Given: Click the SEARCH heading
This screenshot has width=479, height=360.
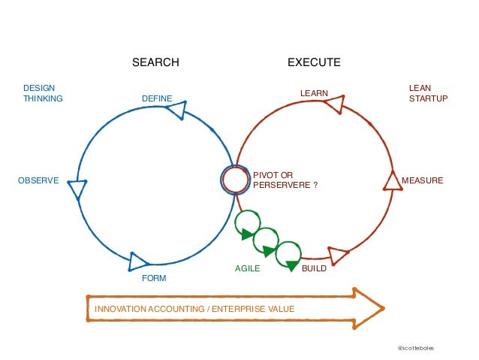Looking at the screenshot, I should [x=156, y=62].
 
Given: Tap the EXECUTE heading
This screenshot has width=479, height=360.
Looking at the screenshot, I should [x=314, y=62].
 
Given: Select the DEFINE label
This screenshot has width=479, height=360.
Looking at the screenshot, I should [x=157, y=98].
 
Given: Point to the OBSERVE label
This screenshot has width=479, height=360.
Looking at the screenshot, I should [x=38, y=180].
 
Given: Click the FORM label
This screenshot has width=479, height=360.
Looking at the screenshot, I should [x=154, y=278].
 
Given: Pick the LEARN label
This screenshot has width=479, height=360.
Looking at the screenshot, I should [x=315, y=93].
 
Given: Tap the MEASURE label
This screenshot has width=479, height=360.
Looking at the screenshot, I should [x=423, y=180].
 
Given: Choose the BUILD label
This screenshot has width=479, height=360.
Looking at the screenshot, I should [x=314, y=268].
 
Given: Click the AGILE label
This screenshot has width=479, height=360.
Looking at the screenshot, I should [x=248, y=268].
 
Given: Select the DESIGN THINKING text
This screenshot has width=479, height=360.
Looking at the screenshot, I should [x=43, y=93].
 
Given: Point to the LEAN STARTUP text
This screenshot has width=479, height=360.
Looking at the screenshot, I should [x=428, y=93].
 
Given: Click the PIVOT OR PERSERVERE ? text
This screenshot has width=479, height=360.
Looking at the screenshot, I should [x=285, y=180].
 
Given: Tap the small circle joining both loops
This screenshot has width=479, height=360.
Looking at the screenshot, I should [x=235, y=179].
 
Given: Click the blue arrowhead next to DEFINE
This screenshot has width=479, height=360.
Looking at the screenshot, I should [x=176, y=110].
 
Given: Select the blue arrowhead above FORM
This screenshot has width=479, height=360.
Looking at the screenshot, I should [x=139, y=261].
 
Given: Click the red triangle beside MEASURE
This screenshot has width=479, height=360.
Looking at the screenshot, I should [x=392, y=181].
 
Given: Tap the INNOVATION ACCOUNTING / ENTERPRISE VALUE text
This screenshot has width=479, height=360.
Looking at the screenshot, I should [x=194, y=309].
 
